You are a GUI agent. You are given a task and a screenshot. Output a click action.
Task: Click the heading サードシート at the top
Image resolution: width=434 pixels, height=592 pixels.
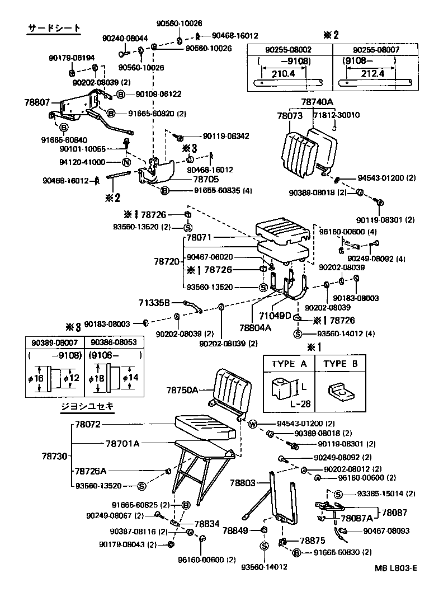coord(54,28)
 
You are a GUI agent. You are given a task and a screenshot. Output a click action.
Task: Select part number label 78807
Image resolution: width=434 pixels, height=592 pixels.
coord(37,102)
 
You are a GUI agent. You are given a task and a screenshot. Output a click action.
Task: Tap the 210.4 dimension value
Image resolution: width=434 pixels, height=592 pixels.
coord(282,73)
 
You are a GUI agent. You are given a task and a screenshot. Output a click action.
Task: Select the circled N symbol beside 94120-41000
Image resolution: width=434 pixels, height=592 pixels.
coord(126,162)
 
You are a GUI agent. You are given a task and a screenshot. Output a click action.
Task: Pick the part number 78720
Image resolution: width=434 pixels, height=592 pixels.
coord(166,261)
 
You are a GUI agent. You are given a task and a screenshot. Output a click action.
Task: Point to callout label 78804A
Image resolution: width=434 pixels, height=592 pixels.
coord(256,328)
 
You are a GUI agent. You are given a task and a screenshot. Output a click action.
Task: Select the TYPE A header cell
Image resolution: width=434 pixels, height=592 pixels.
coord(289,364)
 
